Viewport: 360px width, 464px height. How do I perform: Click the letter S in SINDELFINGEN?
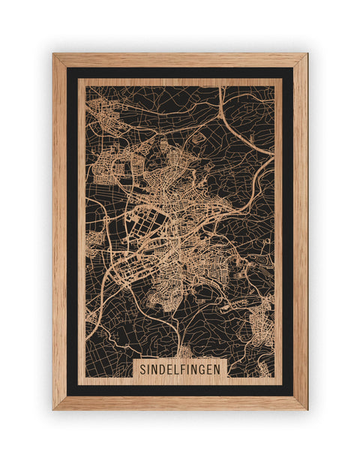pos(142,370)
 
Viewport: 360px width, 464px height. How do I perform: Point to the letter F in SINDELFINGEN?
pos(185,370)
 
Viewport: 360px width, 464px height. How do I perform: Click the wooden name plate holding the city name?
pos(180,370)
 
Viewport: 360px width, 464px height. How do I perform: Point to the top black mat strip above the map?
pos(180,73)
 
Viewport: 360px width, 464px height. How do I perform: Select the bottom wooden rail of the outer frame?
pos(180,403)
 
